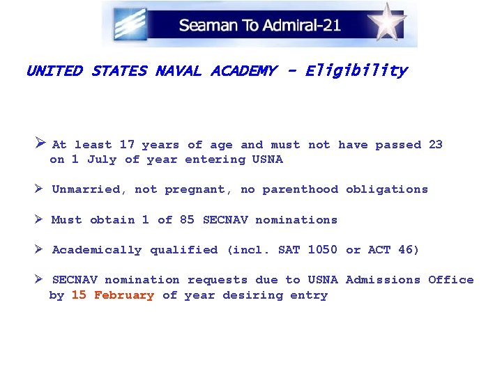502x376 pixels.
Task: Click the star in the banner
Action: (x=388, y=22)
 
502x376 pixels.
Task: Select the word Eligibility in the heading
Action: (x=356, y=70)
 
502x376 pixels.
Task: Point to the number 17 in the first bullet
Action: (x=127, y=145)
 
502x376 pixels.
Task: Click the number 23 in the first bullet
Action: (x=435, y=145)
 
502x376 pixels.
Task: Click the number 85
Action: (x=187, y=219)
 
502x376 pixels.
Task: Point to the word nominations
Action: (x=296, y=220)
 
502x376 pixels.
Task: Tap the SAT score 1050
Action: (x=322, y=249)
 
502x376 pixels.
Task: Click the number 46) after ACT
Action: (x=409, y=249)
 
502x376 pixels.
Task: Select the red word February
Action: (x=124, y=295)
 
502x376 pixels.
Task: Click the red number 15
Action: (x=79, y=295)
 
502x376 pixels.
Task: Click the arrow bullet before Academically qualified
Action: (x=40, y=249)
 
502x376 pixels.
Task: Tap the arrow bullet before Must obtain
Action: (x=40, y=219)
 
